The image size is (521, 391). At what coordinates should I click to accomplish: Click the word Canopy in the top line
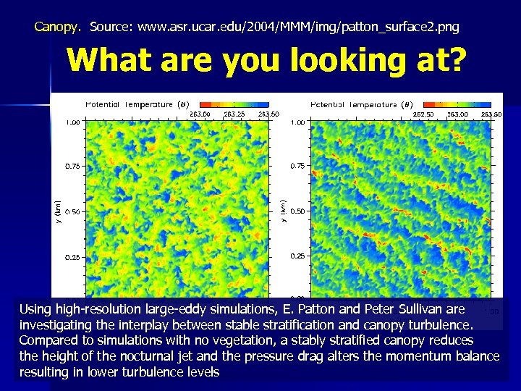pyautogui.click(x=57, y=28)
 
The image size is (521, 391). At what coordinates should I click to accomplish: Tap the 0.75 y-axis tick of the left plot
pyautogui.click(x=72, y=167)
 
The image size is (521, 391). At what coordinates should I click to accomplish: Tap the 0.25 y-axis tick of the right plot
pyautogui.click(x=297, y=257)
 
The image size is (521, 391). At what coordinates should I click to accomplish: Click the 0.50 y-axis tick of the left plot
pyautogui.click(x=72, y=211)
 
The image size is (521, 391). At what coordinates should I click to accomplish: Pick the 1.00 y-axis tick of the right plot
pyautogui.click(x=297, y=122)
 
